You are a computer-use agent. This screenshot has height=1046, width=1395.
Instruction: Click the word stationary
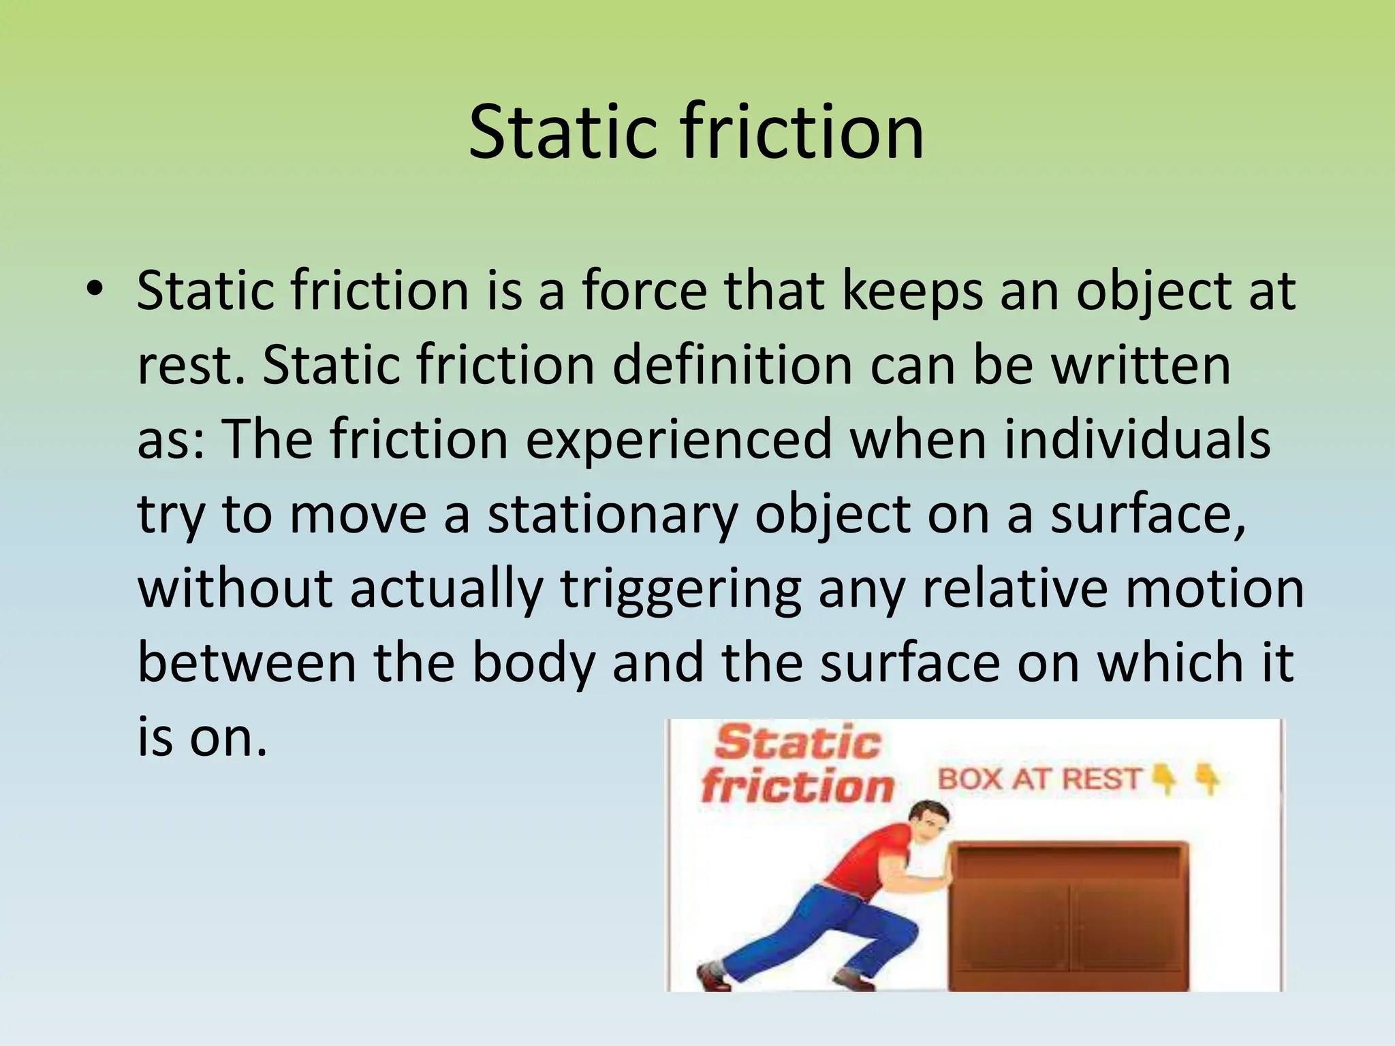click(612, 515)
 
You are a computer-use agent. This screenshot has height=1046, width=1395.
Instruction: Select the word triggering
click(680, 590)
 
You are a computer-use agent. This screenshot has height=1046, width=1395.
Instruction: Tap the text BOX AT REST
click(1039, 779)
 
